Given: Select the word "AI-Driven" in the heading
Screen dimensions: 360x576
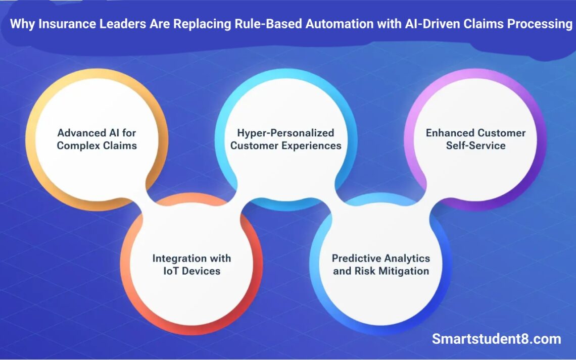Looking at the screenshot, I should [x=432, y=25].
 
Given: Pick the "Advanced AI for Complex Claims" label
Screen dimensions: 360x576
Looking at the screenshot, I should [x=97, y=139].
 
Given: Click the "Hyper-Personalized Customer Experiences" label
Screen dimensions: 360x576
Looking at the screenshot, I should [x=286, y=139].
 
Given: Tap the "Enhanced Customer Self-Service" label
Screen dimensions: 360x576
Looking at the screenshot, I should [x=475, y=139].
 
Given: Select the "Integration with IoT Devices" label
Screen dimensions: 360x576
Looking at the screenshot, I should [x=191, y=265].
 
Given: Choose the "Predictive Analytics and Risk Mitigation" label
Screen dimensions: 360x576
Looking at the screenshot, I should [x=381, y=265].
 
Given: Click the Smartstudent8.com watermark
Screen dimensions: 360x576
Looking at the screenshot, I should [x=496, y=339].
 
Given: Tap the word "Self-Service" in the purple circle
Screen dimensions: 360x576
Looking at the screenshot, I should [x=475, y=146].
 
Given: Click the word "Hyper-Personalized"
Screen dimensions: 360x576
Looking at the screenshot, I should [x=286, y=133].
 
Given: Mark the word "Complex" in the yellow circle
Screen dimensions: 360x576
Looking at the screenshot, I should [x=77, y=146].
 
